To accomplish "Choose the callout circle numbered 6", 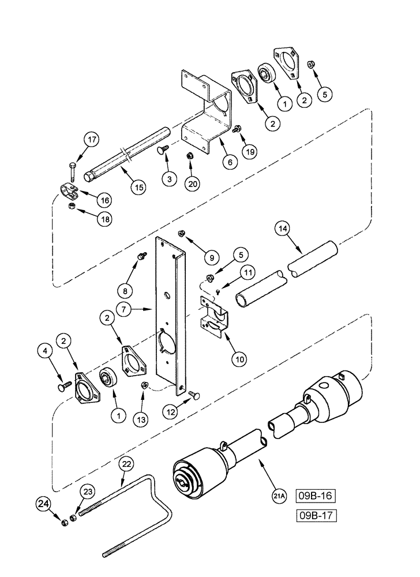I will pos(229,162).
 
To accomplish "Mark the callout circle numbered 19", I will pos(249,152).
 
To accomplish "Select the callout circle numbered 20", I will pos(192,183).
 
